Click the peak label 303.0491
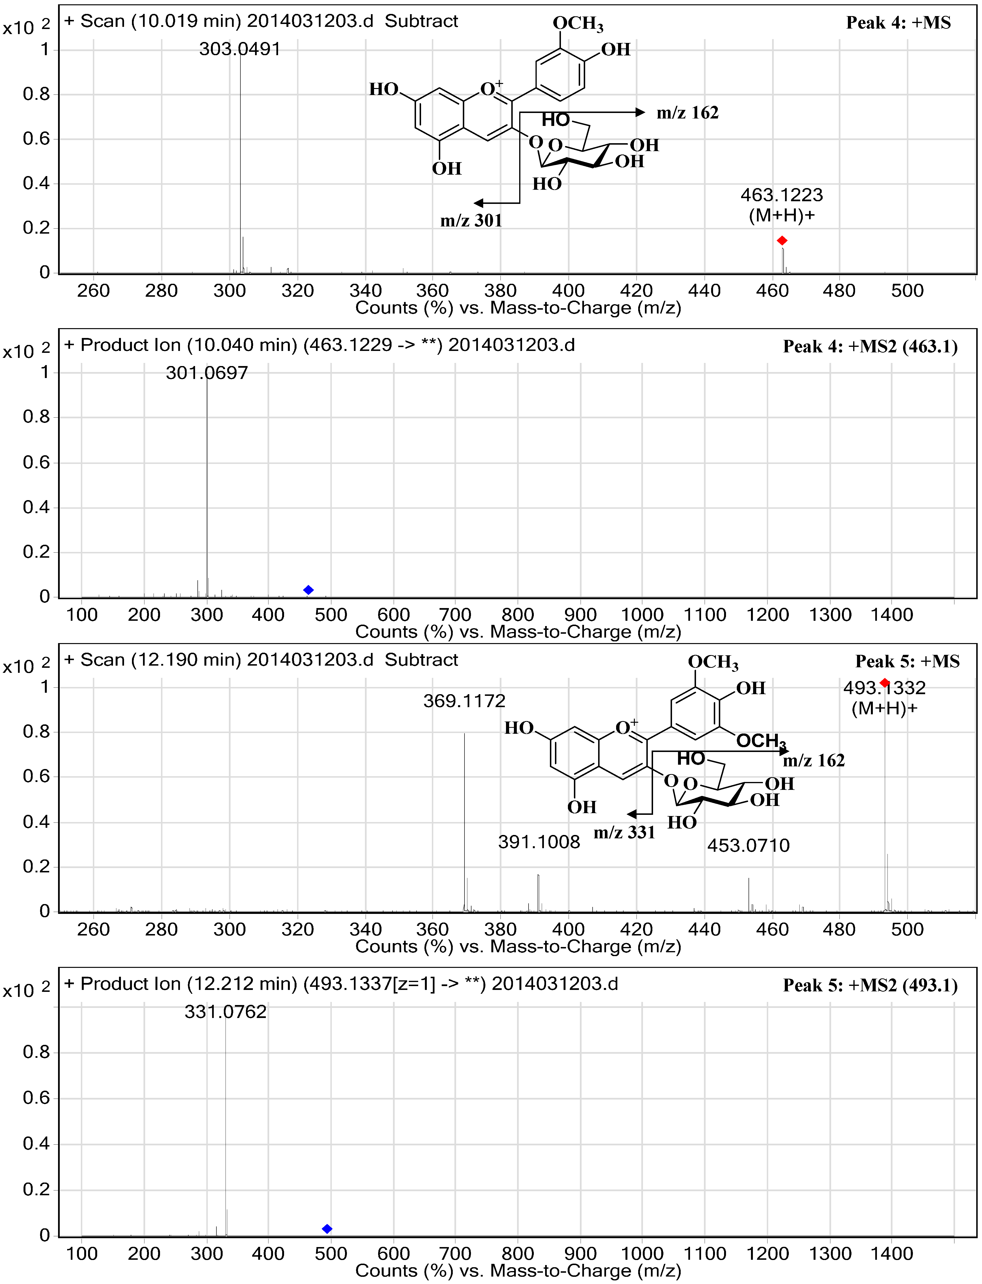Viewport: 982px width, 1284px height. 240,49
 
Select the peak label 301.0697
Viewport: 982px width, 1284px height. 207,373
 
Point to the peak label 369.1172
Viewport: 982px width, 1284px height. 464,701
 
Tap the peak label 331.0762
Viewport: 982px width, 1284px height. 226,1012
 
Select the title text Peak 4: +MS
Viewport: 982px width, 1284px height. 899,23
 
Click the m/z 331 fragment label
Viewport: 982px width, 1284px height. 624,832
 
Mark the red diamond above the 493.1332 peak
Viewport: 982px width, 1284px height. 885,683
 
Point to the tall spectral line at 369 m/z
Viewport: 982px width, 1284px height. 465,818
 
